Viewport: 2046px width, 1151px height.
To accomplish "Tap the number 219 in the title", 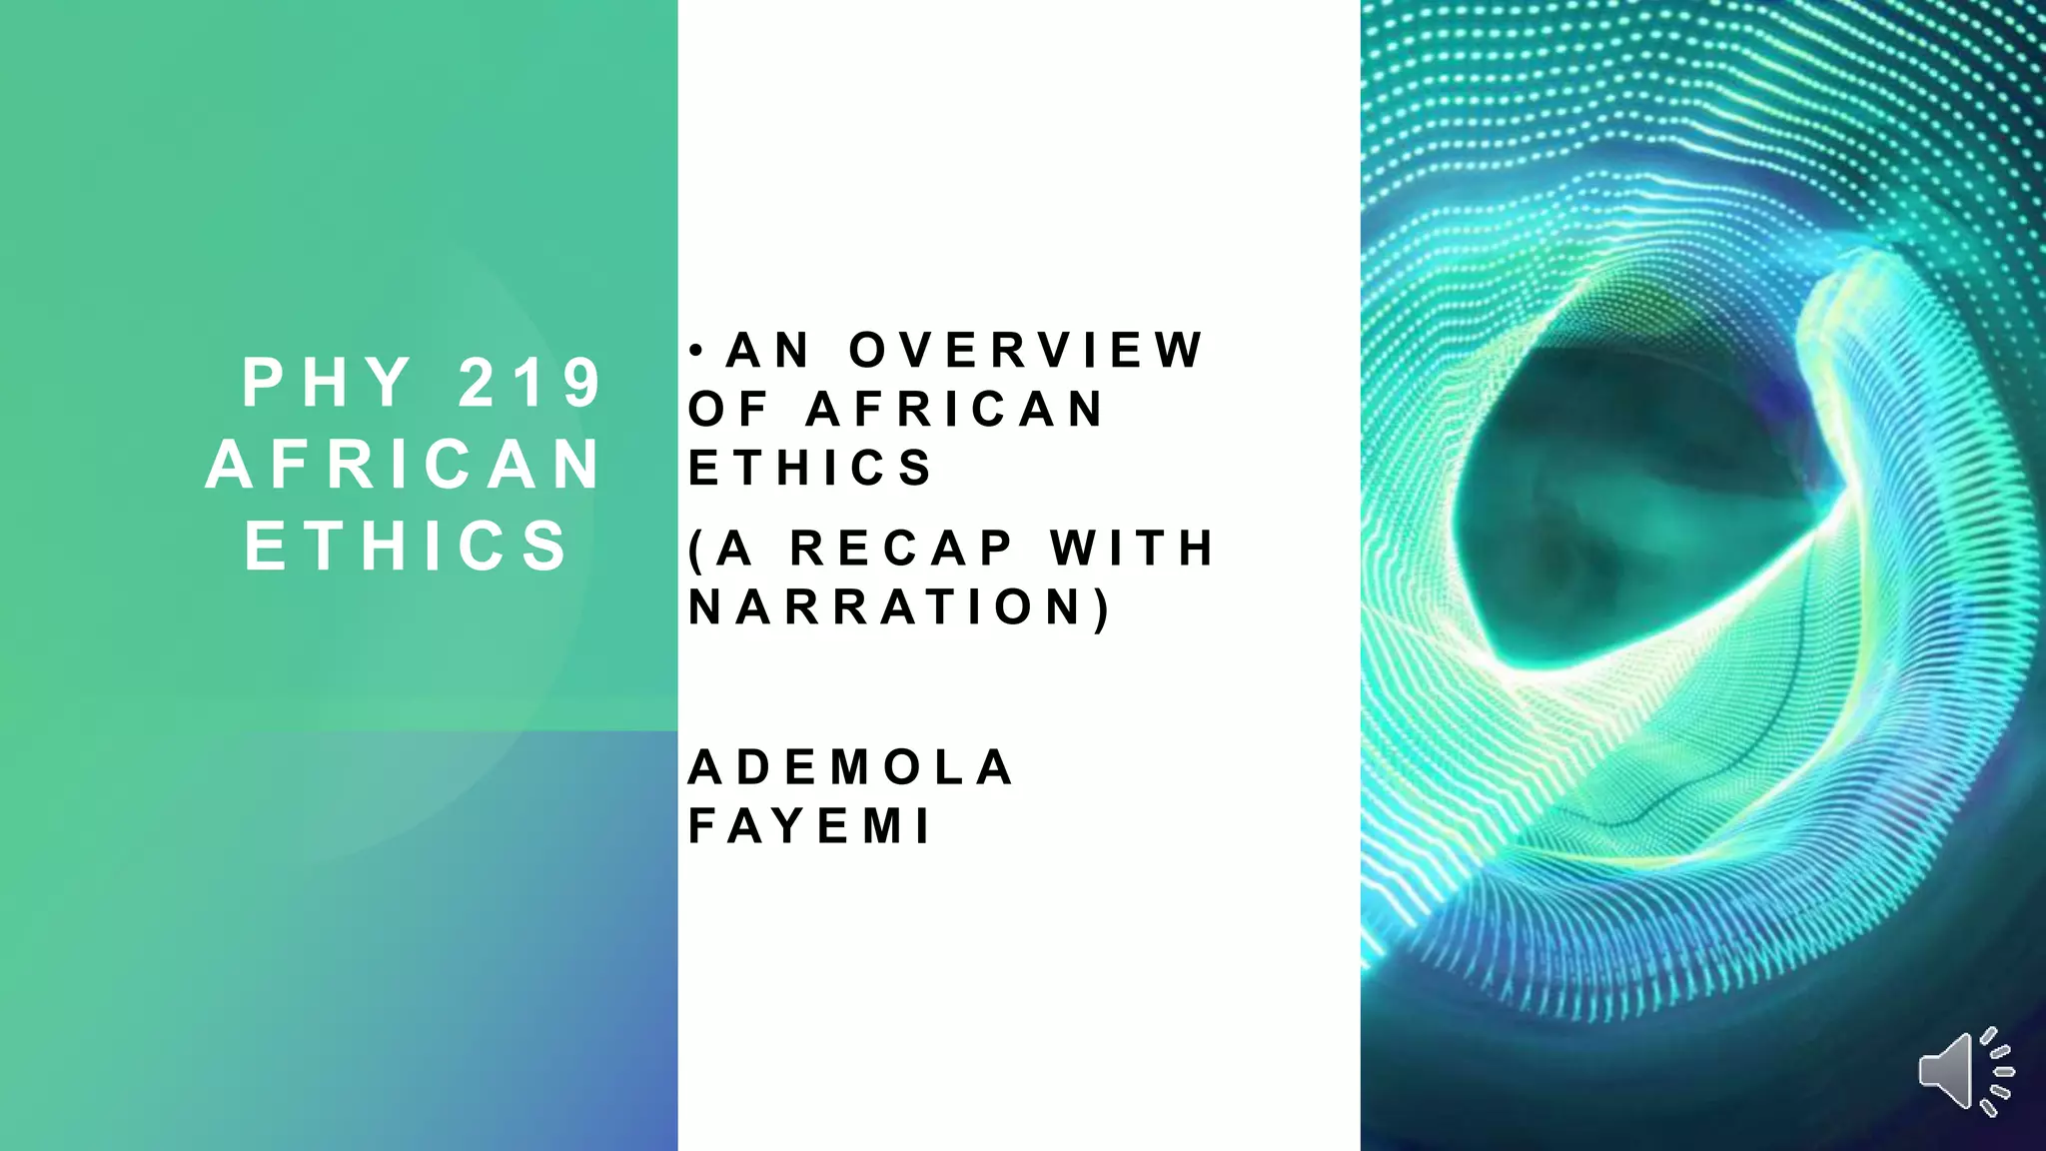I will click(x=529, y=383).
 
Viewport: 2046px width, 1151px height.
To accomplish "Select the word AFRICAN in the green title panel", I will click(x=405, y=465).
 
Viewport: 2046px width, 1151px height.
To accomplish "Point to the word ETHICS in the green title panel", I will click(x=407, y=547).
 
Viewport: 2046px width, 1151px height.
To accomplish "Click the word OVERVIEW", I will click(x=1026, y=351).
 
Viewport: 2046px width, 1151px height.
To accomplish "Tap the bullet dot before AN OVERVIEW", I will click(x=698, y=351).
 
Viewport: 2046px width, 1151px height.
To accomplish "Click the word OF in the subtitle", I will click(x=728, y=410).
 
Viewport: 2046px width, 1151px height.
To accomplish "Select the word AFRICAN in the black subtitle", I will click(x=955, y=410).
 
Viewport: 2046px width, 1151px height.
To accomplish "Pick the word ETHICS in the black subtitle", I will click(x=810, y=469).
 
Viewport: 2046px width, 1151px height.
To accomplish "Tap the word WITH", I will click(x=1131, y=549).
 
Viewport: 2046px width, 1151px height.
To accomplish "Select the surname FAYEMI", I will click(x=810, y=827).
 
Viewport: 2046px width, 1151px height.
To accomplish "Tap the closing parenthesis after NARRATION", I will click(x=1102, y=608).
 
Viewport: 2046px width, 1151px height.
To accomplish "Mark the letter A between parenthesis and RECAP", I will click(x=734, y=549).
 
